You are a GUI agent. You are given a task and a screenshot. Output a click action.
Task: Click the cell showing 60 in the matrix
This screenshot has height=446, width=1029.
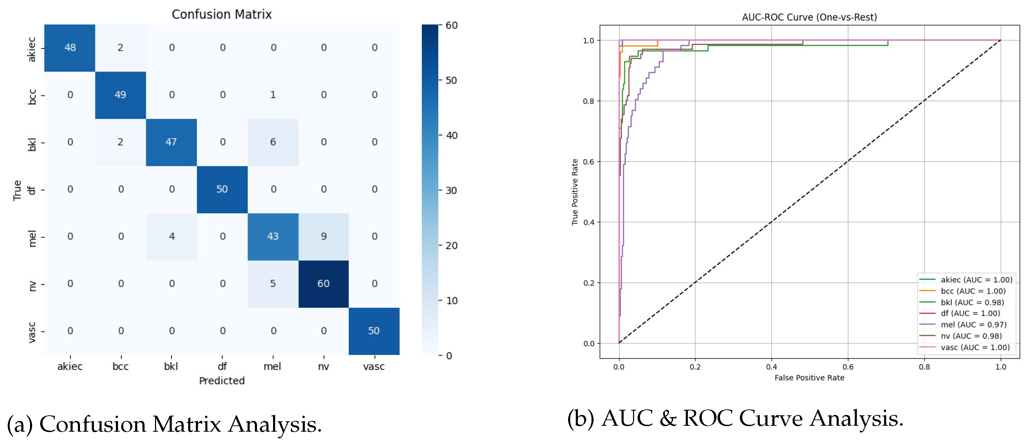pyautogui.click(x=323, y=284)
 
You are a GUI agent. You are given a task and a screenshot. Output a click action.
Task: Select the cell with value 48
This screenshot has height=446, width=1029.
pyautogui.click(x=70, y=47)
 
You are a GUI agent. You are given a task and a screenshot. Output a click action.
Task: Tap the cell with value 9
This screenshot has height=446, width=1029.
pyautogui.click(x=324, y=236)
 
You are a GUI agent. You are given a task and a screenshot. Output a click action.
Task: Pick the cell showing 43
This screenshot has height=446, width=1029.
pyautogui.click(x=273, y=236)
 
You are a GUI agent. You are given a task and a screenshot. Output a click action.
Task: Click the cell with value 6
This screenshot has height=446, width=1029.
pyautogui.click(x=273, y=142)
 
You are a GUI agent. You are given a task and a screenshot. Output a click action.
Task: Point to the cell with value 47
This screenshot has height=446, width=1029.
pyautogui.click(x=171, y=142)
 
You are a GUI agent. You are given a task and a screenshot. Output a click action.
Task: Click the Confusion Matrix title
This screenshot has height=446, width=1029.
pyautogui.click(x=222, y=14)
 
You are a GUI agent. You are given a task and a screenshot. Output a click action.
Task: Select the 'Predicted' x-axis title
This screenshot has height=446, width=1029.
pyautogui.click(x=222, y=380)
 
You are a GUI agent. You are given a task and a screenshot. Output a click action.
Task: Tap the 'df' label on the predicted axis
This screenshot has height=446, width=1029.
pyautogui.click(x=222, y=366)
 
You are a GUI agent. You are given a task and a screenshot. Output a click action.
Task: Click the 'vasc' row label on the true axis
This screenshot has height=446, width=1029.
pyautogui.click(x=32, y=332)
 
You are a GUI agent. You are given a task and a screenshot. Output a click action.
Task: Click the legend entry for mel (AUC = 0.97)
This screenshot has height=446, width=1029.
pyautogui.click(x=973, y=325)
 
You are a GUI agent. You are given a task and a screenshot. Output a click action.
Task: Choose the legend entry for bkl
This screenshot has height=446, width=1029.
pyautogui.click(x=972, y=302)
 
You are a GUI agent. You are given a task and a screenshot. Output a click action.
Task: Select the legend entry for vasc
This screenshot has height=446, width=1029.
pyautogui.click(x=975, y=347)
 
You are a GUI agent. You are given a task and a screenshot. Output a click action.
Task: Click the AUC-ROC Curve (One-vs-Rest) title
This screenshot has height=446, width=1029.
pyautogui.click(x=809, y=17)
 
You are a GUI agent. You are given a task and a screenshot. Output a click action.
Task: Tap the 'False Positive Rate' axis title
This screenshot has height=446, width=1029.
pyautogui.click(x=809, y=378)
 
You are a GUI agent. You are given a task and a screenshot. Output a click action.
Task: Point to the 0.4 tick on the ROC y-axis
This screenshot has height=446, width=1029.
pyautogui.click(x=589, y=222)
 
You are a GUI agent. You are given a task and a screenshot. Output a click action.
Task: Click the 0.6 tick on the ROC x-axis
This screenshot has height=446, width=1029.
pyautogui.click(x=848, y=367)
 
